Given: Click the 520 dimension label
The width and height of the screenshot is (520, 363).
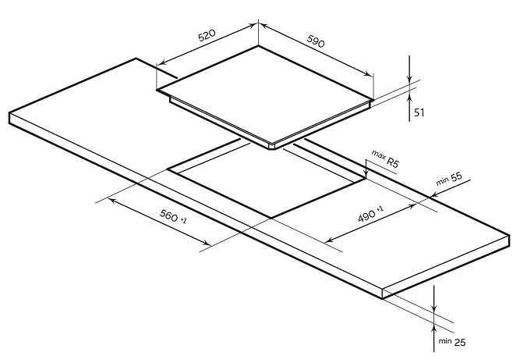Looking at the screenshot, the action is pyautogui.click(x=207, y=35).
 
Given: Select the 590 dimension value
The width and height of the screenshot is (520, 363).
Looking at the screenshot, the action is pyautogui.click(x=316, y=41).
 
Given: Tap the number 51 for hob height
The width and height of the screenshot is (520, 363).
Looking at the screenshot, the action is pyautogui.click(x=419, y=112).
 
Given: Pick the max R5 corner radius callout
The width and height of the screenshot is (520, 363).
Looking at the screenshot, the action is pyautogui.click(x=385, y=158).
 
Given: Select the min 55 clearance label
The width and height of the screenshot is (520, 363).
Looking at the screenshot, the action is pyautogui.click(x=449, y=179).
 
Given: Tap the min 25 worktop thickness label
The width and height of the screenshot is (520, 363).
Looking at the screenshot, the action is pyautogui.click(x=452, y=342).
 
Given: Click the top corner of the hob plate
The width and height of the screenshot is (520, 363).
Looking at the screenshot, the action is pyautogui.click(x=258, y=45).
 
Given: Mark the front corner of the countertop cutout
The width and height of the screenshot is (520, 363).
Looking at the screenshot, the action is pyautogui.click(x=271, y=218).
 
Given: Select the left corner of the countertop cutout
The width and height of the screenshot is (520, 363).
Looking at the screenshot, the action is pyautogui.click(x=168, y=169).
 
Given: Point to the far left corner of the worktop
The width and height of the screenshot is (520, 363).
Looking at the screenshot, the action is pyautogui.click(x=9, y=113).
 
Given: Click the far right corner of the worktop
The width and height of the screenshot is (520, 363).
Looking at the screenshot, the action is pyautogui.click(x=509, y=236).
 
